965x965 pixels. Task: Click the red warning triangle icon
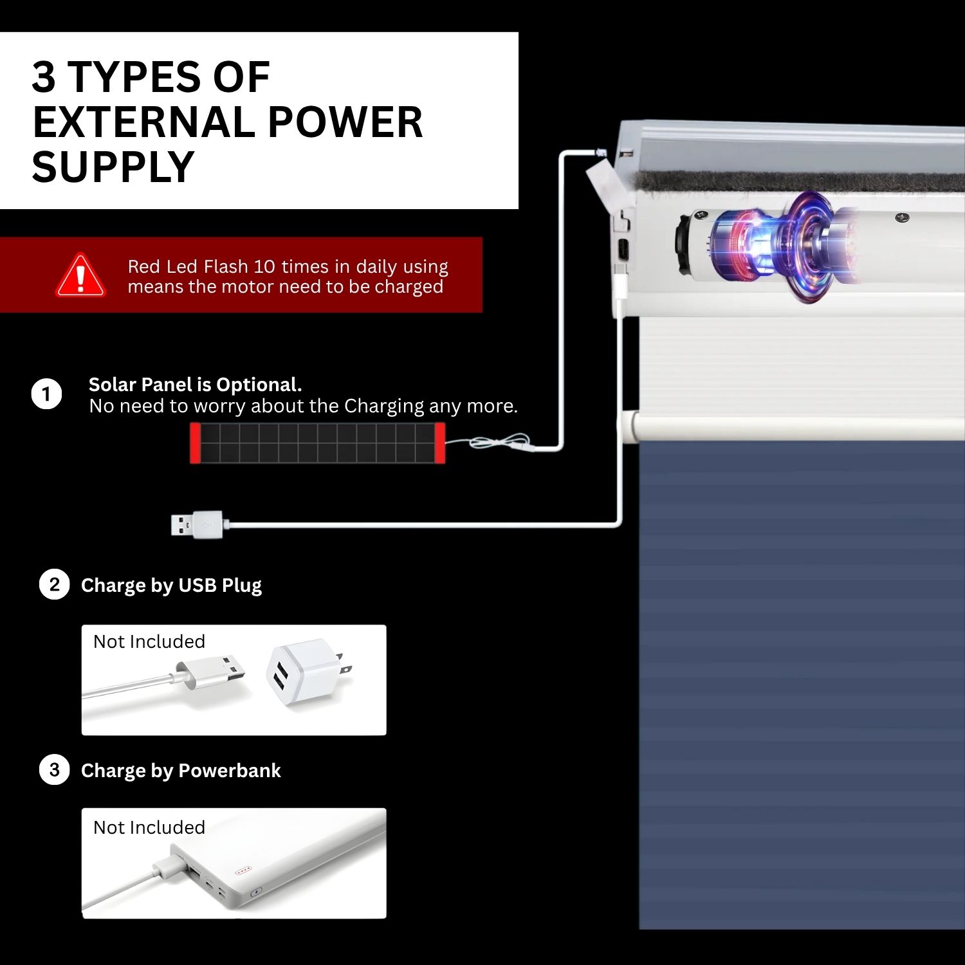click(x=80, y=275)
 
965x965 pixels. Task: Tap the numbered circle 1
click(x=46, y=394)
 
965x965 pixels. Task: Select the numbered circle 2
click(x=54, y=585)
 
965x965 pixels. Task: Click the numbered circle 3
click(x=54, y=769)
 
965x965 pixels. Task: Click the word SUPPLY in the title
click(x=113, y=167)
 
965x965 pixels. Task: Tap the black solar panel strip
click(x=317, y=443)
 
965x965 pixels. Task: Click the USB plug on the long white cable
click(x=197, y=524)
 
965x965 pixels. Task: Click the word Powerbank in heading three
click(x=230, y=770)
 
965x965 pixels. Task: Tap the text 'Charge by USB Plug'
click(x=171, y=585)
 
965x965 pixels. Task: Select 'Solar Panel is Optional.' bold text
click(x=195, y=385)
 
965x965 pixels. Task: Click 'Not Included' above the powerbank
click(x=149, y=827)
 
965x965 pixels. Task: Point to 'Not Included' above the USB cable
click(x=149, y=641)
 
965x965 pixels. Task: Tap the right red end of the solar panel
click(x=440, y=443)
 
